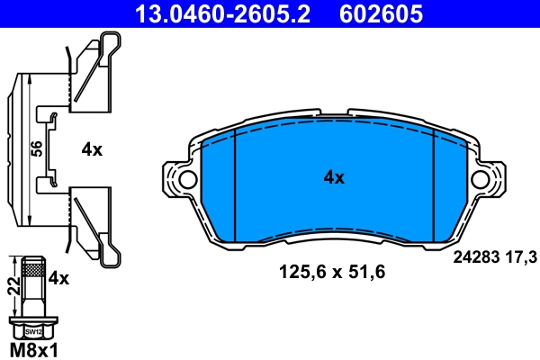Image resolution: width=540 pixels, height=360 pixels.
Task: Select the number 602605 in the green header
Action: tap(379, 13)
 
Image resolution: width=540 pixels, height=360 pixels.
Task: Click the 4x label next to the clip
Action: tap(92, 150)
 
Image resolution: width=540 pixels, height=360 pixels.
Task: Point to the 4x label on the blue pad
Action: tap(334, 178)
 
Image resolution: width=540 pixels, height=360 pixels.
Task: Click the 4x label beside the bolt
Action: tap(58, 279)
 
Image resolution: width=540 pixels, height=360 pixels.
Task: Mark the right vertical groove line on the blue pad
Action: tap(435, 184)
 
